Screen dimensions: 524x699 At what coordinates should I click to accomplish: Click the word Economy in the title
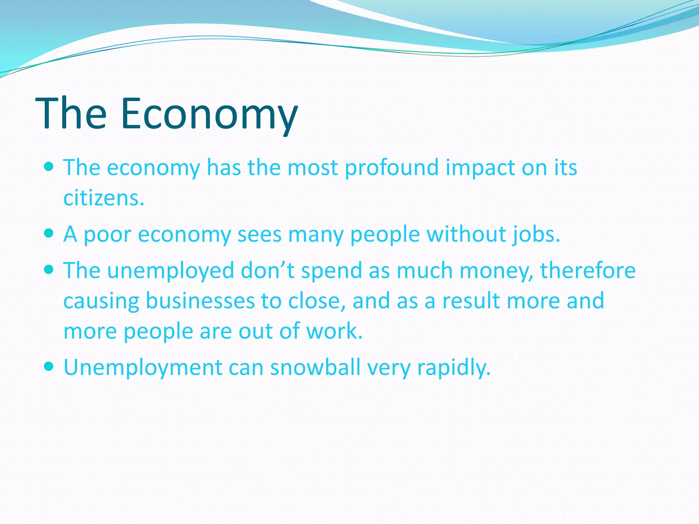209,114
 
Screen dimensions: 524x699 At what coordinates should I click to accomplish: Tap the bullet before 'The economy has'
49,167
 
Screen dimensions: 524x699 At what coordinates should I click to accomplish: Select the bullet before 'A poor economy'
49,233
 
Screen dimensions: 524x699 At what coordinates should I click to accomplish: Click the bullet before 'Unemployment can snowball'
49,367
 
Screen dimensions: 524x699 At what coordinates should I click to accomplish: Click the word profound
391,168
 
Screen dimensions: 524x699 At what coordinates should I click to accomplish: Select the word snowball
315,367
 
